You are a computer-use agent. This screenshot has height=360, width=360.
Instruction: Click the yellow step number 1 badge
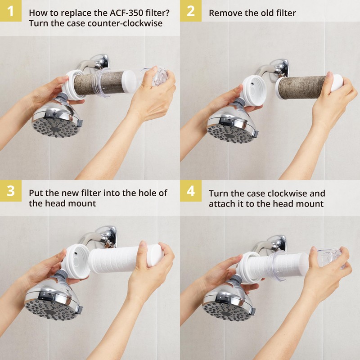(10, 11)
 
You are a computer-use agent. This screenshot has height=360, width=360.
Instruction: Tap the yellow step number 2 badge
(190, 11)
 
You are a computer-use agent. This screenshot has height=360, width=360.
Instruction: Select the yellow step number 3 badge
(10, 191)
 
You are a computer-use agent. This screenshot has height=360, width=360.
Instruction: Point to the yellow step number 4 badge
(190, 191)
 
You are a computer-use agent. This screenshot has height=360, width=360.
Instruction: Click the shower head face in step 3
(50, 308)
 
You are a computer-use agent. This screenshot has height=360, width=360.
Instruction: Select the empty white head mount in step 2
(254, 90)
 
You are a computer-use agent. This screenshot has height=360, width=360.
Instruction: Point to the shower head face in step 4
(227, 310)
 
